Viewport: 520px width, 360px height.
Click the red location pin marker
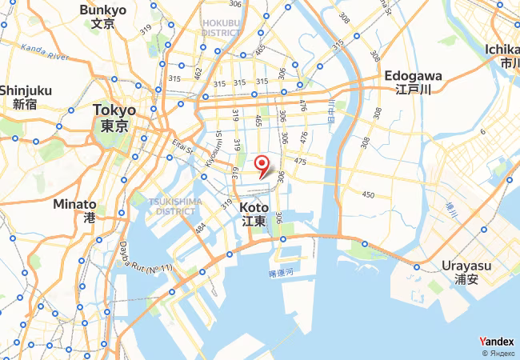pyautogui.click(x=262, y=166)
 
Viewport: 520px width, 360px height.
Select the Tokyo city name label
pyautogui.click(x=114, y=117)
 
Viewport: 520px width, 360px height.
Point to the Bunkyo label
pyautogui.click(x=103, y=16)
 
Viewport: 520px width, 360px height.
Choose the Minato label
pyautogui.click(x=74, y=210)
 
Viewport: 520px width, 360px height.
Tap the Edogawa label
pyautogui.click(x=413, y=82)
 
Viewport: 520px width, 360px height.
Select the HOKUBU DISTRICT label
pyautogui.click(x=222, y=28)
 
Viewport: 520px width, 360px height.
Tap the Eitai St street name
pyautogui.click(x=182, y=147)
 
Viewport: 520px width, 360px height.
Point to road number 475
pyautogui.click(x=300, y=162)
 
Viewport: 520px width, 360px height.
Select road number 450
pyautogui.click(x=368, y=194)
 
